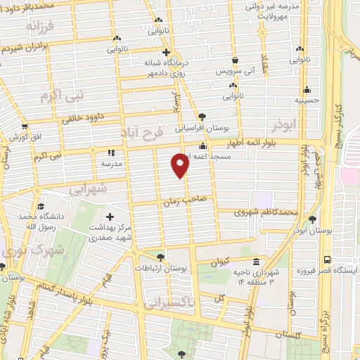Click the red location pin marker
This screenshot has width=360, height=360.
point(181,165)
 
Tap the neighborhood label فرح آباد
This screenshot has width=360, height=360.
point(160,132)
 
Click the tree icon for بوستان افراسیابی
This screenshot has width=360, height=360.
point(202,116)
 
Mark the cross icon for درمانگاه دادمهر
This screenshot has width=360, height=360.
point(165,52)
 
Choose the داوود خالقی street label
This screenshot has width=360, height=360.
point(82,118)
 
